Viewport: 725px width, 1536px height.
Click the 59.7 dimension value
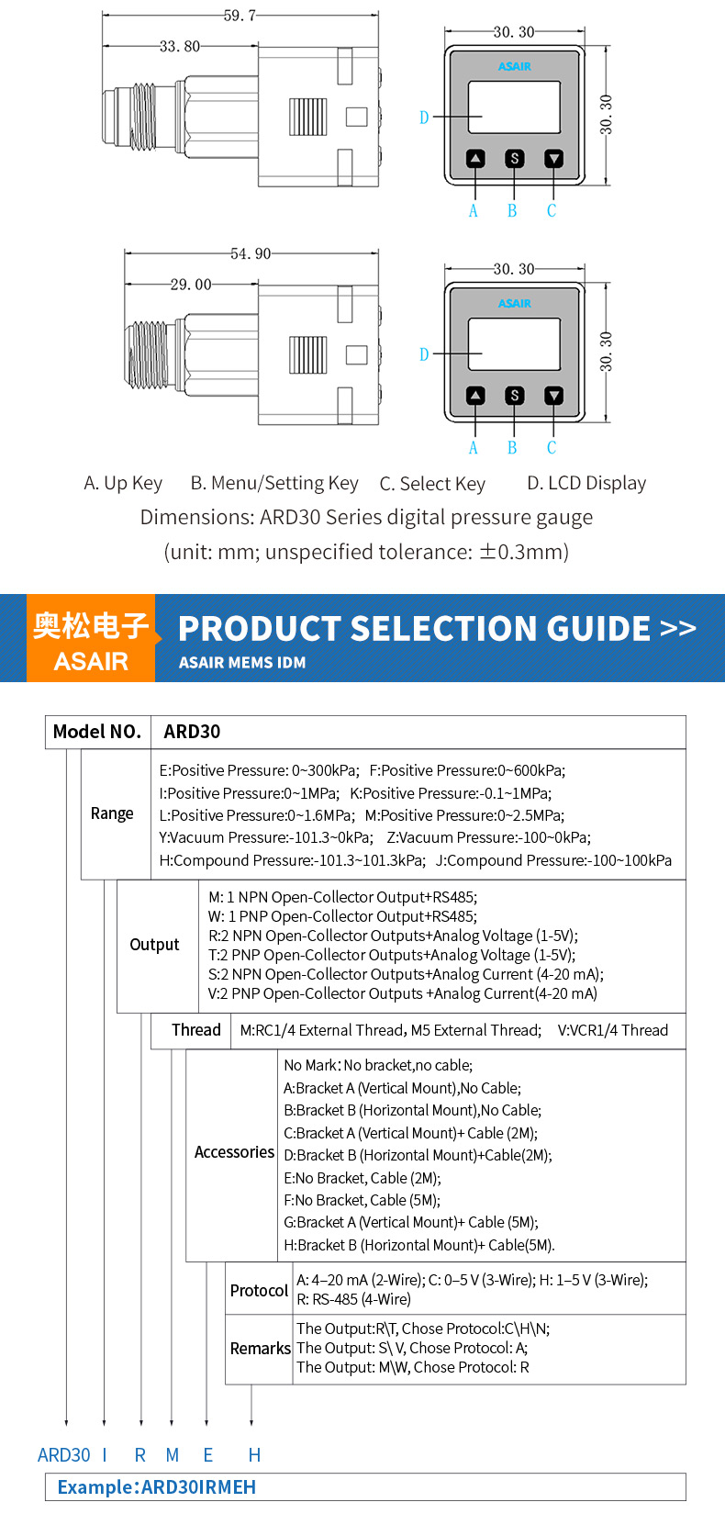240,16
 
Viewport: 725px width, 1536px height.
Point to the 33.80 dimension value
180,46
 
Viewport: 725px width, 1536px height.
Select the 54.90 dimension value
251,253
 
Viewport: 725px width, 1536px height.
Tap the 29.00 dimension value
191,285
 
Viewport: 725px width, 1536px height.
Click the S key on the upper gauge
515,159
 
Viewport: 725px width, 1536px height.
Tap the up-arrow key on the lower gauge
475,396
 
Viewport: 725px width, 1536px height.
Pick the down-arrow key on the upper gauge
553,159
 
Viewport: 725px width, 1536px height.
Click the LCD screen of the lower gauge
514,344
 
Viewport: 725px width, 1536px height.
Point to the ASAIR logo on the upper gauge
515,66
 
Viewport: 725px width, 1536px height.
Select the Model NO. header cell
97,732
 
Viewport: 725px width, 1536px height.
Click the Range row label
112,813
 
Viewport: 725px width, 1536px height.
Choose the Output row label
154,945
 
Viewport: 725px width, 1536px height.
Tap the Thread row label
196,1030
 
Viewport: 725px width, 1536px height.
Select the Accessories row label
234,1152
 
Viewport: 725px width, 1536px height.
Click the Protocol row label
259,1290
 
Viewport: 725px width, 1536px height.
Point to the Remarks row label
260,1348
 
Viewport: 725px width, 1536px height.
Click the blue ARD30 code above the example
64,1455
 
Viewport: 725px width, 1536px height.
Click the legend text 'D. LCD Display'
586,483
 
